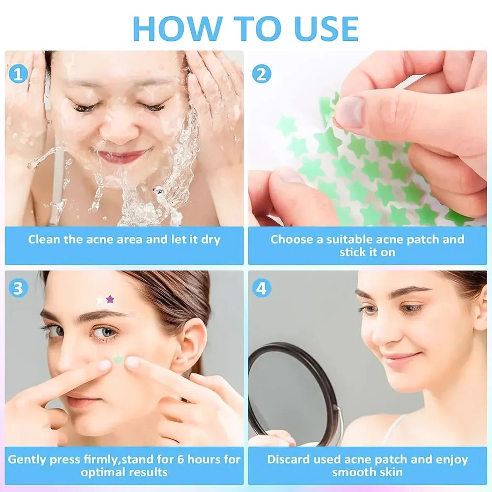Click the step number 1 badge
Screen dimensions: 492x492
pyautogui.click(x=18, y=74)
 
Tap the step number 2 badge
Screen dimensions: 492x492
pyautogui.click(x=261, y=74)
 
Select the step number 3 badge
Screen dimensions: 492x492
pyautogui.click(x=18, y=289)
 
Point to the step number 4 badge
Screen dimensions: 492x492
pyautogui.click(x=261, y=289)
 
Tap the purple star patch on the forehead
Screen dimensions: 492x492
pyautogui.click(x=110, y=299)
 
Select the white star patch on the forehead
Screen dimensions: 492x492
pyautogui.click(x=100, y=299)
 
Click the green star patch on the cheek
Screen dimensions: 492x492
pyautogui.click(x=118, y=360)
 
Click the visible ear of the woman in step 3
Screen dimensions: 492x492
pyautogui.click(x=189, y=344)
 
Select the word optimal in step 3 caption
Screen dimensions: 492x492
pyautogui.click(x=102, y=473)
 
